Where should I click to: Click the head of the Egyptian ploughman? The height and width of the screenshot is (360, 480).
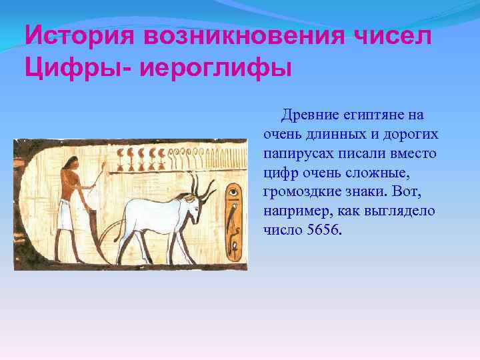coord(68,175)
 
